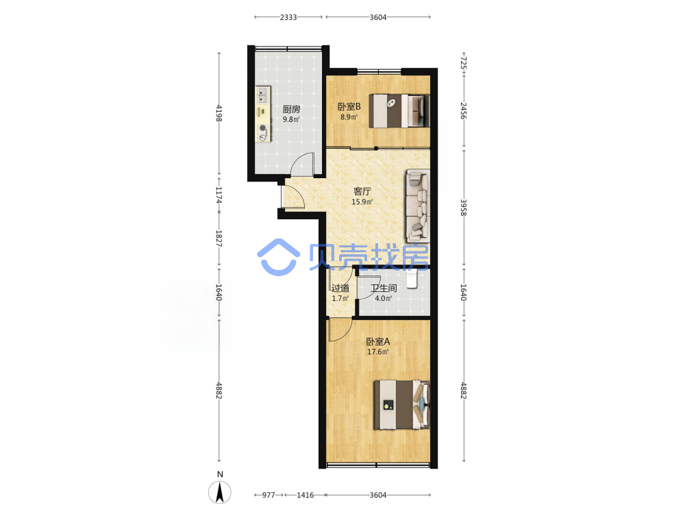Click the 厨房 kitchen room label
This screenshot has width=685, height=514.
291,109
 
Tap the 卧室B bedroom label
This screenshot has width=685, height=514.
349,107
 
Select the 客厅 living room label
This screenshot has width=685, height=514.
362,191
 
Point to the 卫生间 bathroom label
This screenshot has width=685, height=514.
384,288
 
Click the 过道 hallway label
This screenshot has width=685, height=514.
340,288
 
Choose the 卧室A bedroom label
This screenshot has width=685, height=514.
378,341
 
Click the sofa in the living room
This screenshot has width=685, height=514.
418,206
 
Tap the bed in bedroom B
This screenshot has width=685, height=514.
399,111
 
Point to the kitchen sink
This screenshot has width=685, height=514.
263,95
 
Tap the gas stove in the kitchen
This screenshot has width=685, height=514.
262,133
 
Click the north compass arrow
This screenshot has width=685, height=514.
220,493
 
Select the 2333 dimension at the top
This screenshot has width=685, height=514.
288,17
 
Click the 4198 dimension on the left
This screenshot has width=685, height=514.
219,114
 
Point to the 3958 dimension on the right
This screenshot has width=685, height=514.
464,208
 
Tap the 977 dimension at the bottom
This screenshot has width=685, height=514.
269,495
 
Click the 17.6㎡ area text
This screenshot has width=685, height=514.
378,352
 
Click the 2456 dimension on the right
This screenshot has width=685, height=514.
464,111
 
